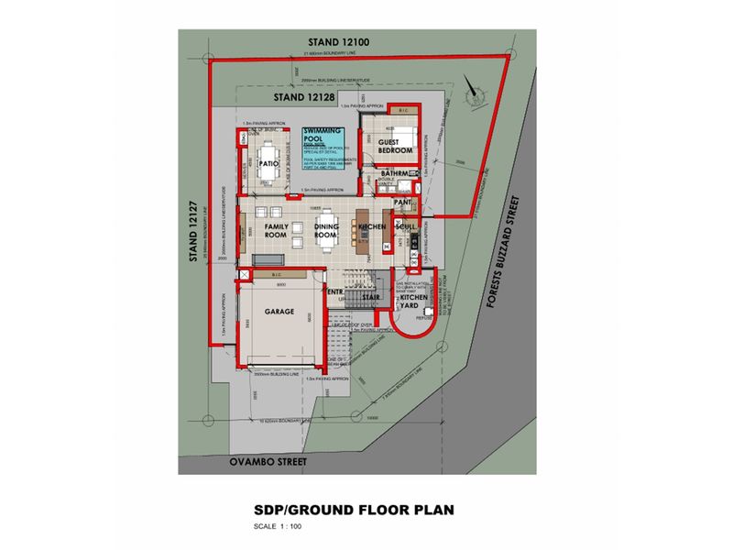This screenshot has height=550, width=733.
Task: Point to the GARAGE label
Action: click(280, 312)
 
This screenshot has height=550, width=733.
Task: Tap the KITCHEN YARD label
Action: click(413, 303)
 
